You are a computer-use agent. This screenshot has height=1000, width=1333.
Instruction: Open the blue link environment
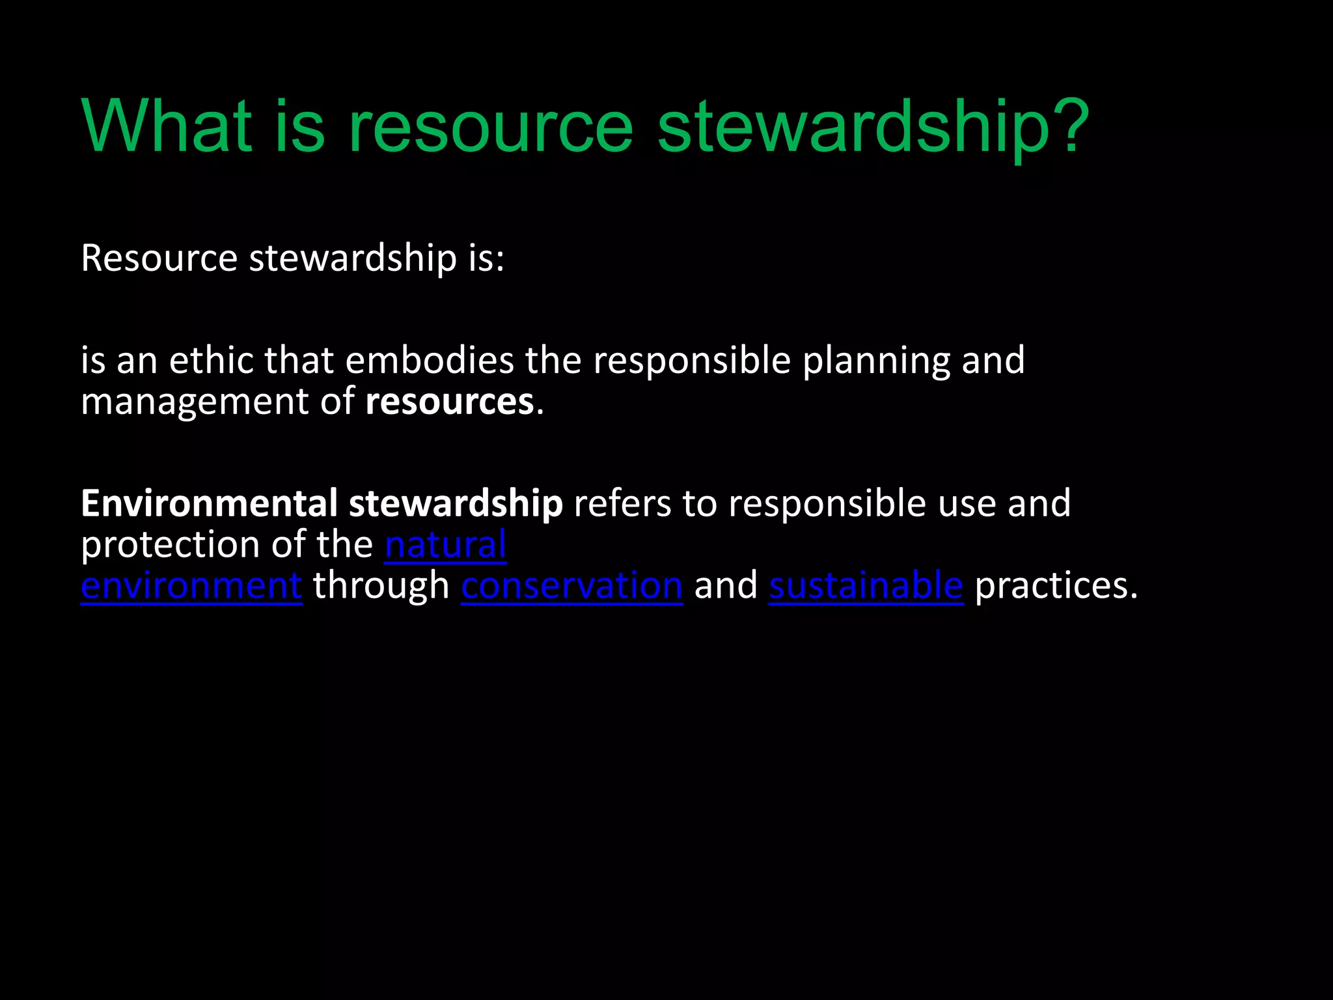pos(191,585)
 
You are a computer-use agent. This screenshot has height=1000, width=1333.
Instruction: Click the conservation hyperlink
pos(572,585)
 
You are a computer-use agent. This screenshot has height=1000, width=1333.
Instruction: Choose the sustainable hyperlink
pos(866,585)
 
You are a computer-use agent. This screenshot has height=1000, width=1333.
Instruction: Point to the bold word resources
pos(450,402)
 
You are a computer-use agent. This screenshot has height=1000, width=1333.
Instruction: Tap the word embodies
pos(430,360)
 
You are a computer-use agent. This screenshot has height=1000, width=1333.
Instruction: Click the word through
pos(381,585)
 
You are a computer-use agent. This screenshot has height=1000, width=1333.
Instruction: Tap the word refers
pos(622,503)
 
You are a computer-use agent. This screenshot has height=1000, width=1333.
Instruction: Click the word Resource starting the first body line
pos(159,258)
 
